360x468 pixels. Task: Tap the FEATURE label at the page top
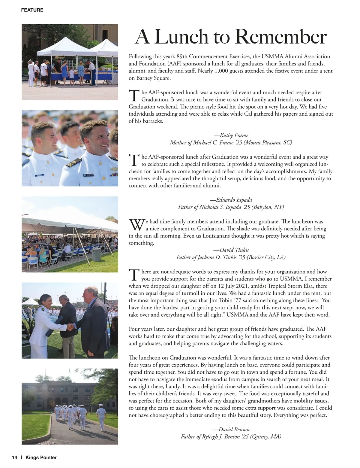(x=32, y=10)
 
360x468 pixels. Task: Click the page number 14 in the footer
(x=14, y=457)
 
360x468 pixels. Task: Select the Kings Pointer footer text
(x=41, y=457)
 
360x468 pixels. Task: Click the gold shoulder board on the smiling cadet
(x=70, y=164)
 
